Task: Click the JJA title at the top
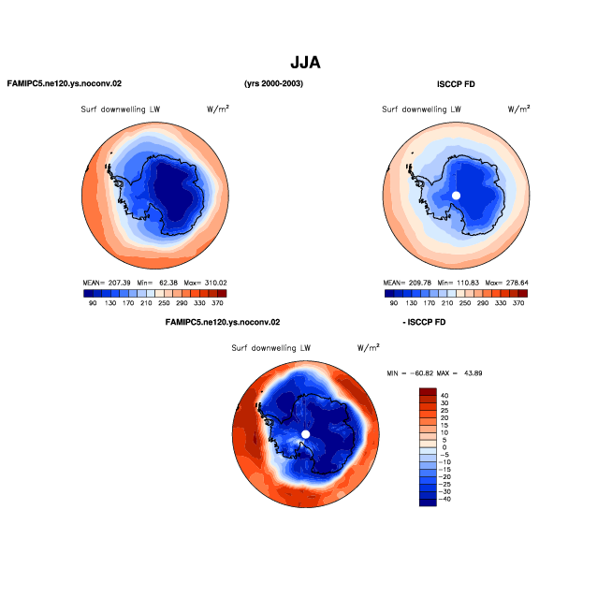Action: coord(305,63)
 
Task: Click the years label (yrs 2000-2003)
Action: coord(273,83)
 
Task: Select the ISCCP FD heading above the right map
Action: coord(456,84)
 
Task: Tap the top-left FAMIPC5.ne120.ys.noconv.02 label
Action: coord(65,83)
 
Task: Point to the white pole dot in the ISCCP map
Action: coord(456,196)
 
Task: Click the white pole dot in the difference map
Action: coord(306,434)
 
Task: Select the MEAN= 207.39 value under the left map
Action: coord(107,283)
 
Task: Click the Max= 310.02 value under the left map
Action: coord(205,283)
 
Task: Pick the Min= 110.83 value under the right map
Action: coord(459,283)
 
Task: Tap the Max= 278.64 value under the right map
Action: coord(506,283)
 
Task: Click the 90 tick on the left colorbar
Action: coord(93,303)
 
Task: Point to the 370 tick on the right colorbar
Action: coord(518,303)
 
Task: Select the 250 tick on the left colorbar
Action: coord(164,303)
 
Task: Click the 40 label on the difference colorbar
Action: coord(444,396)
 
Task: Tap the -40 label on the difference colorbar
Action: coord(444,499)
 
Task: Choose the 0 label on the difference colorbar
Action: coord(444,447)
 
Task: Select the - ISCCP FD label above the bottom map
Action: coord(424,322)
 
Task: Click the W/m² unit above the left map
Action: coord(218,109)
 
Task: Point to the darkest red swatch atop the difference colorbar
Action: coord(428,391)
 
